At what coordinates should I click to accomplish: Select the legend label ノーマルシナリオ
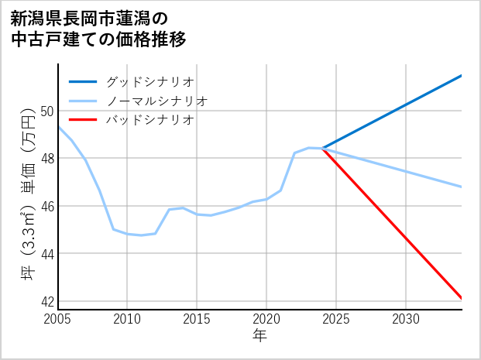click(156, 101)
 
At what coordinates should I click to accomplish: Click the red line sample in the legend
click(83, 120)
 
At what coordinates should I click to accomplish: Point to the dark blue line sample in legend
click(83, 81)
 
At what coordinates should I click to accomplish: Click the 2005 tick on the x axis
click(58, 319)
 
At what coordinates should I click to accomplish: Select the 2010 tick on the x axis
click(127, 319)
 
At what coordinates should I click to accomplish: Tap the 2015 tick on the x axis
click(197, 319)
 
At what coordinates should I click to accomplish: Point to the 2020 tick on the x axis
click(266, 319)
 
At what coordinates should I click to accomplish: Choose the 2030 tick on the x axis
click(406, 319)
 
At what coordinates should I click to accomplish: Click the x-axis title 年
click(259, 336)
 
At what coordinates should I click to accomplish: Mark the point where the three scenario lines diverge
click(322, 148)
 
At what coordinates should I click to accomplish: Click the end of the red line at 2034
click(461, 297)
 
